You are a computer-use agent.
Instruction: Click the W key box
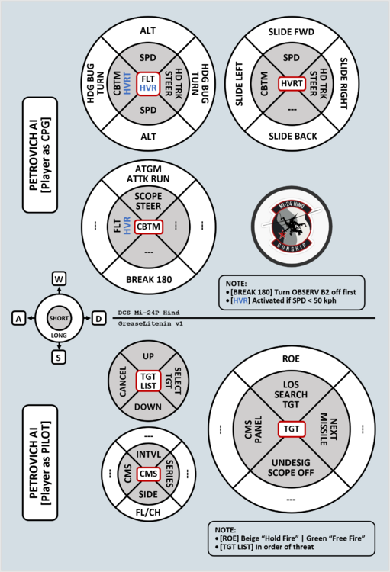(59, 279)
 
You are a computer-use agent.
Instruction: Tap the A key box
(18, 319)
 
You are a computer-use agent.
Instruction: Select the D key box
(98, 319)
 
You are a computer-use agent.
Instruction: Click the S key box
(59, 358)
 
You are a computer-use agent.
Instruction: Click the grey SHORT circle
(59, 318)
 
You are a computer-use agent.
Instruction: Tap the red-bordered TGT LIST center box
(148, 381)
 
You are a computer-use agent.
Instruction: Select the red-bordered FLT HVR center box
(148, 84)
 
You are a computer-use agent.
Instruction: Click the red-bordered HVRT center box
(292, 84)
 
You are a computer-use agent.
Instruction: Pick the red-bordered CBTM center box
(148, 227)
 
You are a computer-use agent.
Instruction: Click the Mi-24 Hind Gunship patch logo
(292, 227)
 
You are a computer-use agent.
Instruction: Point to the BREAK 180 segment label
(149, 280)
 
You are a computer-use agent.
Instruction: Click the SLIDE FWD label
(291, 32)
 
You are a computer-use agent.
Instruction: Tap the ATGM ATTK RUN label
(148, 174)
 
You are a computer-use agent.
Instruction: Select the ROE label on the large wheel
(291, 359)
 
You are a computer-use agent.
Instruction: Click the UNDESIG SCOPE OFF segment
(291, 468)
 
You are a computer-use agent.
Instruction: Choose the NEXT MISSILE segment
(329, 429)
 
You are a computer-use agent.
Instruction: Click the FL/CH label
(148, 513)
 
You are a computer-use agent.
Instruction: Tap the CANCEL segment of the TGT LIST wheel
(123, 381)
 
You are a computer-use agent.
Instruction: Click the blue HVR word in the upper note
(240, 300)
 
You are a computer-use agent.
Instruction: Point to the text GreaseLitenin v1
(150, 323)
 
